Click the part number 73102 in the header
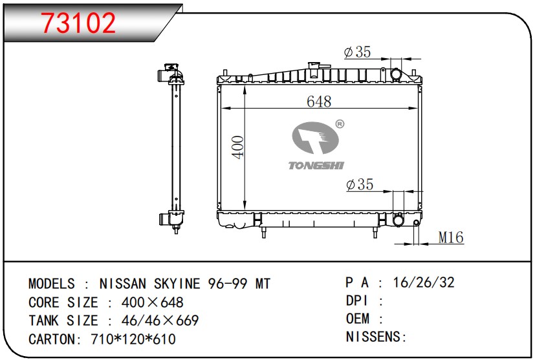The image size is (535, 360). pos(78,23)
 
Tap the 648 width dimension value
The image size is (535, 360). pos(319,101)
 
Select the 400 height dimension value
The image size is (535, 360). pos(238,148)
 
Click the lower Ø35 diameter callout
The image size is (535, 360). pos(360,185)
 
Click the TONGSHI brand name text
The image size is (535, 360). pos(315,165)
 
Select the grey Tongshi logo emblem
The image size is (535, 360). pos(315,139)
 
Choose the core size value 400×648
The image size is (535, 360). pos(152,302)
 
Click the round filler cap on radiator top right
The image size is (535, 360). pos(396,75)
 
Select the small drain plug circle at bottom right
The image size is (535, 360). pos(416,224)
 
